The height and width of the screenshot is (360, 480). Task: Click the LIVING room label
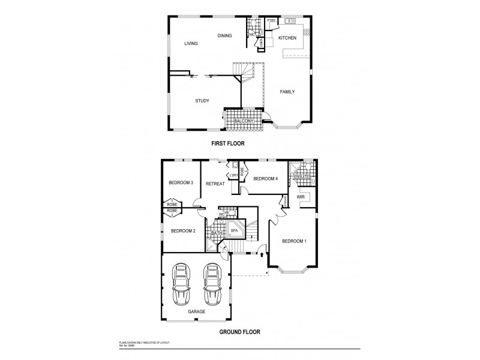pyautogui.click(x=191, y=43)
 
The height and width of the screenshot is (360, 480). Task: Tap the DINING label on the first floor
pyautogui.click(x=224, y=36)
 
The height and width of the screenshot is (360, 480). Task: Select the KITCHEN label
pyautogui.click(x=287, y=38)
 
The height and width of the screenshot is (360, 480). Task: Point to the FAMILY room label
pyautogui.click(x=287, y=92)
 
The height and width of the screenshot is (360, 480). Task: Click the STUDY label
pyautogui.click(x=202, y=101)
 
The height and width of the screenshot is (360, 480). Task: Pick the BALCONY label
pyautogui.click(x=244, y=121)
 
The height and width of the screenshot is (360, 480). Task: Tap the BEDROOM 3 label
pyautogui.click(x=180, y=183)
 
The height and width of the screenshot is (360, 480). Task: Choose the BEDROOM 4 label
pyautogui.click(x=265, y=179)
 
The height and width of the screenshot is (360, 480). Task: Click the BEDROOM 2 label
pyautogui.click(x=183, y=230)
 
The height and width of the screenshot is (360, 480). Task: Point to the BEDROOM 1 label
pyautogui.click(x=295, y=241)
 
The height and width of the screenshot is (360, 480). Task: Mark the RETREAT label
pyautogui.click(x=215, y=184)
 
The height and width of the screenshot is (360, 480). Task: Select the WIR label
pyautogui.click(x=301, y=196)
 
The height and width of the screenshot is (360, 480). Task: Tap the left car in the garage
pyautogui.click(x=182, y=284)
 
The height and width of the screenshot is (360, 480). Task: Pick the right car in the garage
pyautogui.click(x=212, y=284)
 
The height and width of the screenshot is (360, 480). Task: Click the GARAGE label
pyautogui.click(x=196, y=312)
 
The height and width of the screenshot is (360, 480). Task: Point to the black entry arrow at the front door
pyautogui.click(x=262, y=254)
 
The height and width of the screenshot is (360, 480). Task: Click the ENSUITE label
pyautogui.click(x=301, y=177)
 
